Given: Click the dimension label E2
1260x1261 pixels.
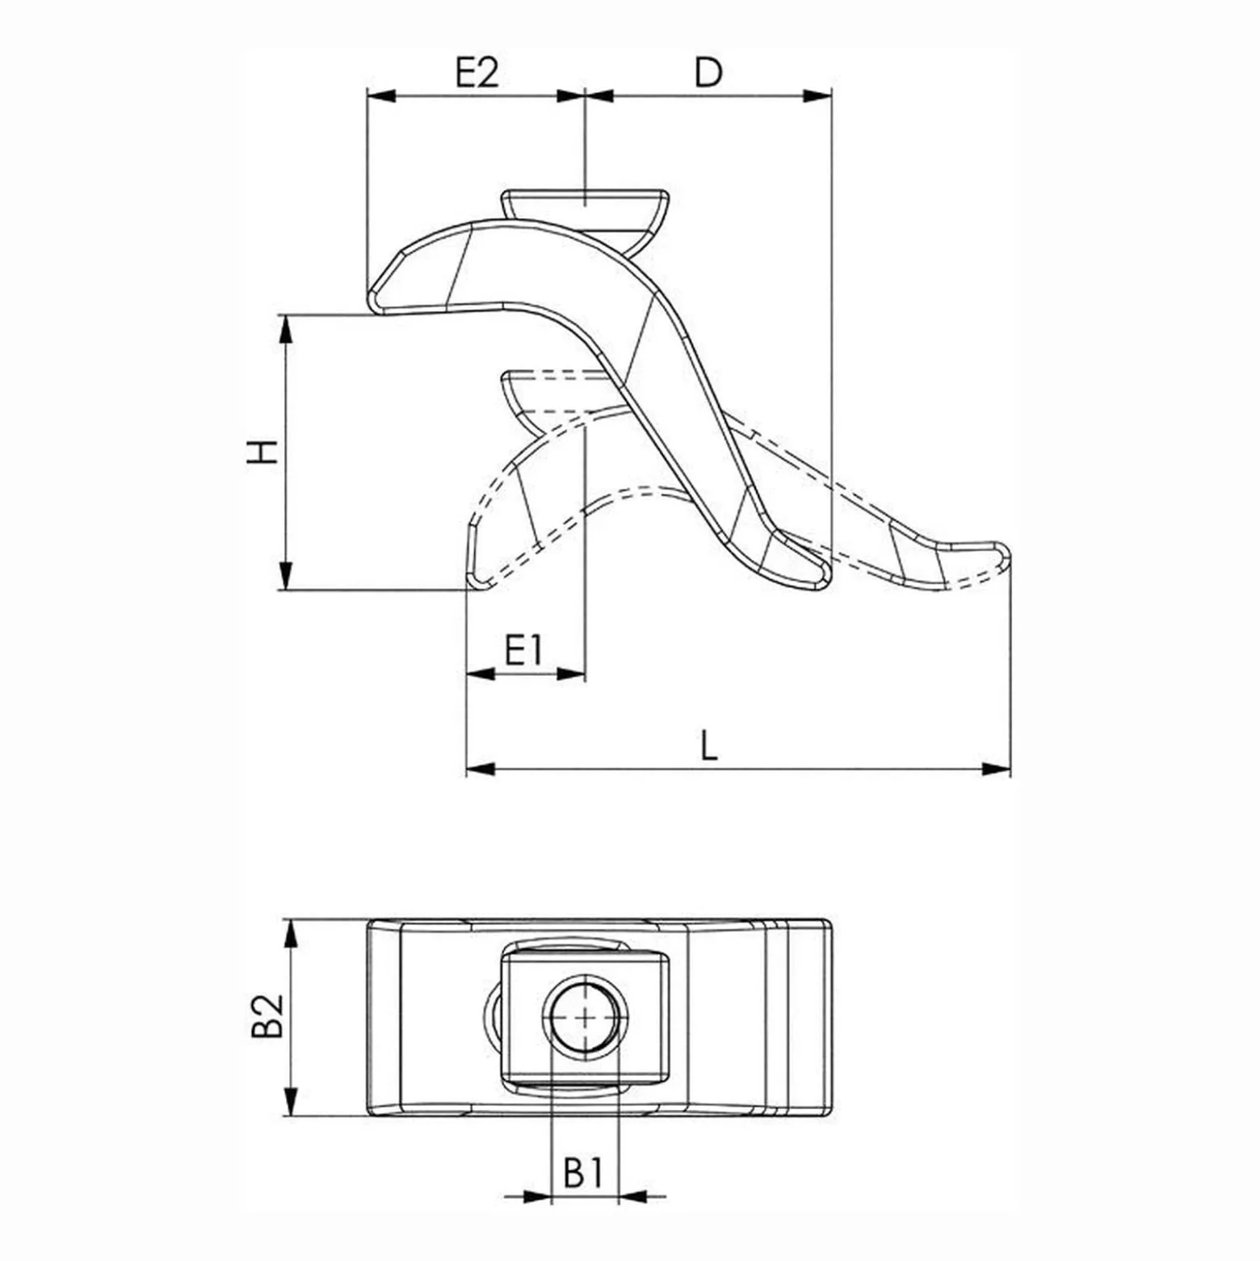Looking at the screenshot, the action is coord(477,73).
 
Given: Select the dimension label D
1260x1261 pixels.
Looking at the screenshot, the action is coord(708,73).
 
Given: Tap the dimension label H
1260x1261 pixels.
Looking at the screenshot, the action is coord(263,452).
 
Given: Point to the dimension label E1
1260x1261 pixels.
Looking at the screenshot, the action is coord(525,649).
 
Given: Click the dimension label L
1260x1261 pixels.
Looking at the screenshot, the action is coord(708,745).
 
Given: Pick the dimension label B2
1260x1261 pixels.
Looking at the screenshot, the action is coord(267,1015).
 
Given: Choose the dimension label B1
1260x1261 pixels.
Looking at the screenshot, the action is coord(584,1173).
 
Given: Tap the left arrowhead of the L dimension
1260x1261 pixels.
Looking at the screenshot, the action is coord(481,768).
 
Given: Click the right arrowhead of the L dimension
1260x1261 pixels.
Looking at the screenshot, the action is coord(996,768).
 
